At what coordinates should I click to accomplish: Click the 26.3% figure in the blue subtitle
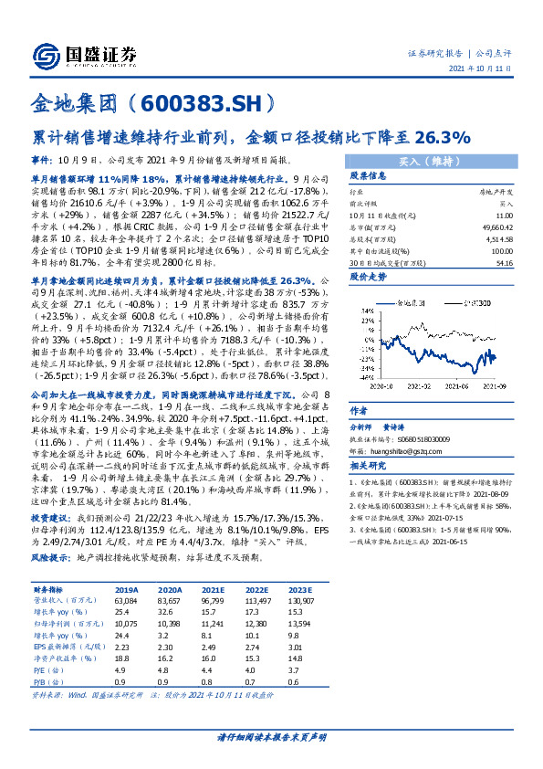tap(443, 139)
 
